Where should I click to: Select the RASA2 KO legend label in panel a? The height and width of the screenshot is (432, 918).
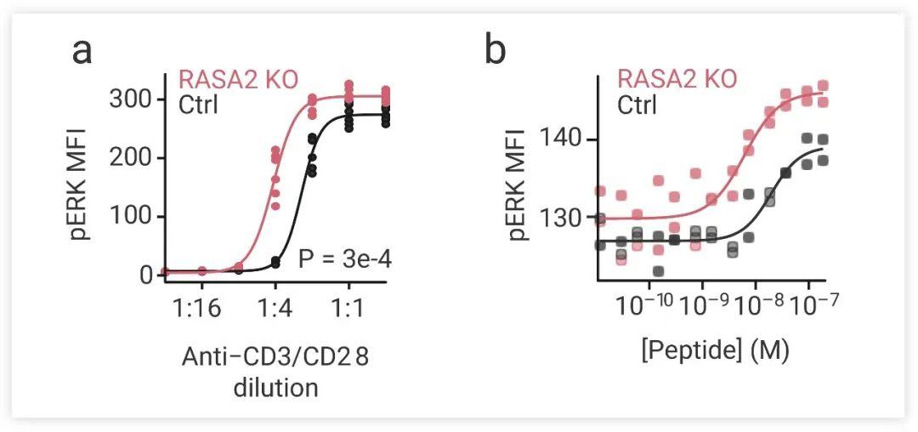(237, 81)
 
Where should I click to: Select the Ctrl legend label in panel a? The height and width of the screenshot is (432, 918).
(199, 105)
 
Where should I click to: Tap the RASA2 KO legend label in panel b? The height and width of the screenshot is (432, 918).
(677, 79)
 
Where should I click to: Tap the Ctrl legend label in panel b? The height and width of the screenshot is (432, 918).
(638, 105)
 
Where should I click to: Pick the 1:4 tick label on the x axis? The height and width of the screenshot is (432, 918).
(275, 309)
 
